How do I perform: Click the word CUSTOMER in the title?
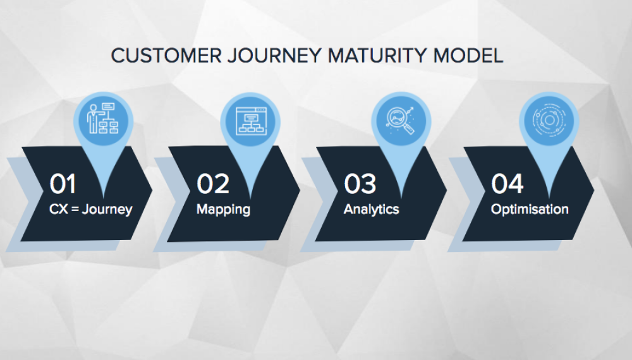click(x=166, y=56)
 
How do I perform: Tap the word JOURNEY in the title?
click(x=274, y=56)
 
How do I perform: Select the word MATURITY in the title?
click(x=377, y=56)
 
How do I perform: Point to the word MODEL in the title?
click(x=468, y=56)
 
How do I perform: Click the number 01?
click(x=63, y=184)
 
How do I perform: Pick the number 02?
click(x=213, y=184)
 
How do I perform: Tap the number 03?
click(x=360, y=184)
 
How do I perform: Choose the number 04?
click(x=507, y=184)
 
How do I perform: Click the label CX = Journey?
click(x=90, y=210)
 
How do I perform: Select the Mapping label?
click(x=223, y=210)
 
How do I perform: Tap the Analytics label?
click(x=371, y=210)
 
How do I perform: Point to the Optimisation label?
click(x=530, y=210)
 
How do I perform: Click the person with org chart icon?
click(x=103, y=118)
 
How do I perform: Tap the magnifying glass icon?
click(x=401, y=120)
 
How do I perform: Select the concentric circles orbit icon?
click(x=549, y=120)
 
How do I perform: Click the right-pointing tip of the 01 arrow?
click(x=152, y=190)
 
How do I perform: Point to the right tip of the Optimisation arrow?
click(x=593, y=190)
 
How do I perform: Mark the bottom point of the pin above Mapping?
click(x=251, y=198)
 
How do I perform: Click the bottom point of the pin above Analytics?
click(x=401, y=198)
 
